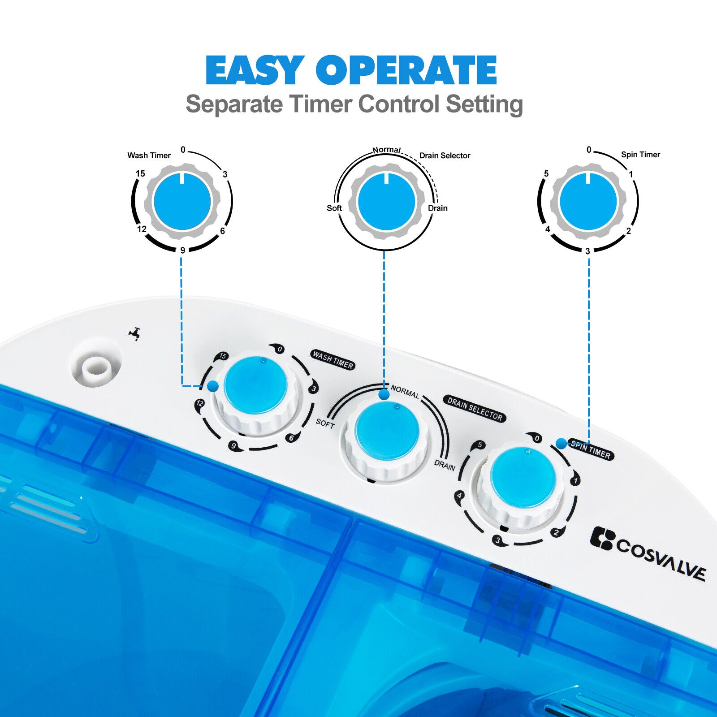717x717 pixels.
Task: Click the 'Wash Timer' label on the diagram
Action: click(x=149, y=155)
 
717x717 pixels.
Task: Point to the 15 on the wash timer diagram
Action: click(x=140, y=173)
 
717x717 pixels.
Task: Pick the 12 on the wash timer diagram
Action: click(x=142, y=229)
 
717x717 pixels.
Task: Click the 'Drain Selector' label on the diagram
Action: click(x=445, y=155)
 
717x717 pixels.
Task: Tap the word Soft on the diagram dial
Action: click(x=334, y=208)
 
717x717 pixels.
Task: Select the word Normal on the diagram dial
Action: click(x=387, y=150)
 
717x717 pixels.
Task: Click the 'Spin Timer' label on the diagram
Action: click(x=640, y=155)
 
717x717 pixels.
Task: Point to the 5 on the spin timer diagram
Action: click(x=546, y=173)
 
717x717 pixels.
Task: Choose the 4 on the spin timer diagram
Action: click(x=548, y=229)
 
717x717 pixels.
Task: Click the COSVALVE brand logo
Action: click(x=648, y=553)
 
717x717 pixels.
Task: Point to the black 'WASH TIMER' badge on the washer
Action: click(x=333, y=360)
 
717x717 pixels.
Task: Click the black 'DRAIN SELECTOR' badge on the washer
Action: click(x=475, y=409)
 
